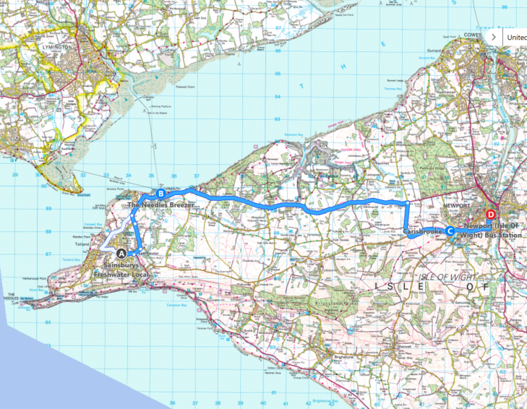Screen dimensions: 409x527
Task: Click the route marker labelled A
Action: (x=121, y=253)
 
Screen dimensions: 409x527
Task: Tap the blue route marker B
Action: (x=161, y=193)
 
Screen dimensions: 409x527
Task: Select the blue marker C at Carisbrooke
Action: (x=450, y=231)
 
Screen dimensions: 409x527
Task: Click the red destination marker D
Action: (x=491, y=215)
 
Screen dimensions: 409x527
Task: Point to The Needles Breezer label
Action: (x=162, y=205)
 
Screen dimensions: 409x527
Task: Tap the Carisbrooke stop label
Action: (x=424, y=232)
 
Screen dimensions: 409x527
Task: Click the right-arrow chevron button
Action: (x=493, y=35)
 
